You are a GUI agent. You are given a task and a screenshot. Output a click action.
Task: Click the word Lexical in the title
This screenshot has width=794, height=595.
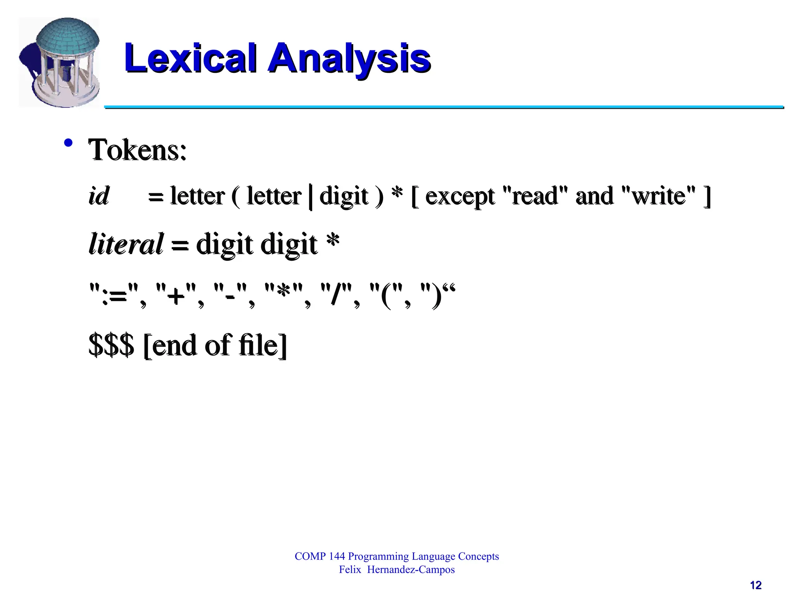[190, 58]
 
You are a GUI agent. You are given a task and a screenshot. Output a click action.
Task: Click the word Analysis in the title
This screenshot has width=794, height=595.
[349, 58]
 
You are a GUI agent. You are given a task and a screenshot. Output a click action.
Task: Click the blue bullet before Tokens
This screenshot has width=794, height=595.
[68, 143]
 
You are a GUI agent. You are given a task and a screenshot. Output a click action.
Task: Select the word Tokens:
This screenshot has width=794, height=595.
[138, 150]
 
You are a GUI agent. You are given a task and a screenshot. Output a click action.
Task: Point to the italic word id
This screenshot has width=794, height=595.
[99, 196]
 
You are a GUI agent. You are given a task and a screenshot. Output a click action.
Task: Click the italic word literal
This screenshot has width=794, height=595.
[126, 244]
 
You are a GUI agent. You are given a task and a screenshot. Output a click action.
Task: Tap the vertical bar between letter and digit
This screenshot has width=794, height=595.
[311, 197]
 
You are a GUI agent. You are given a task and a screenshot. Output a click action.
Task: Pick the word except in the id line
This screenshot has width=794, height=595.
[460, 197]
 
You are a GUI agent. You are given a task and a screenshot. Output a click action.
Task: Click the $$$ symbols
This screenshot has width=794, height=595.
[111, 345]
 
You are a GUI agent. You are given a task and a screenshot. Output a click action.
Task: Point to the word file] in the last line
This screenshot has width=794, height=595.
[263, 345]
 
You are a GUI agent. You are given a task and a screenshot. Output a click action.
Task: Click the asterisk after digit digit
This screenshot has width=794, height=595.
[333, 241]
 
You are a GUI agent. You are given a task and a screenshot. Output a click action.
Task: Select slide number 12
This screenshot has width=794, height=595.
[756, 585]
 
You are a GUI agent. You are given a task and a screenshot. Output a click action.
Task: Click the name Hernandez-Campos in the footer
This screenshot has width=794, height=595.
[411, 569]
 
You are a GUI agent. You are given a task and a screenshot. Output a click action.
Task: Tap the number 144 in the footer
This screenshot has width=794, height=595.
[337, 556]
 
